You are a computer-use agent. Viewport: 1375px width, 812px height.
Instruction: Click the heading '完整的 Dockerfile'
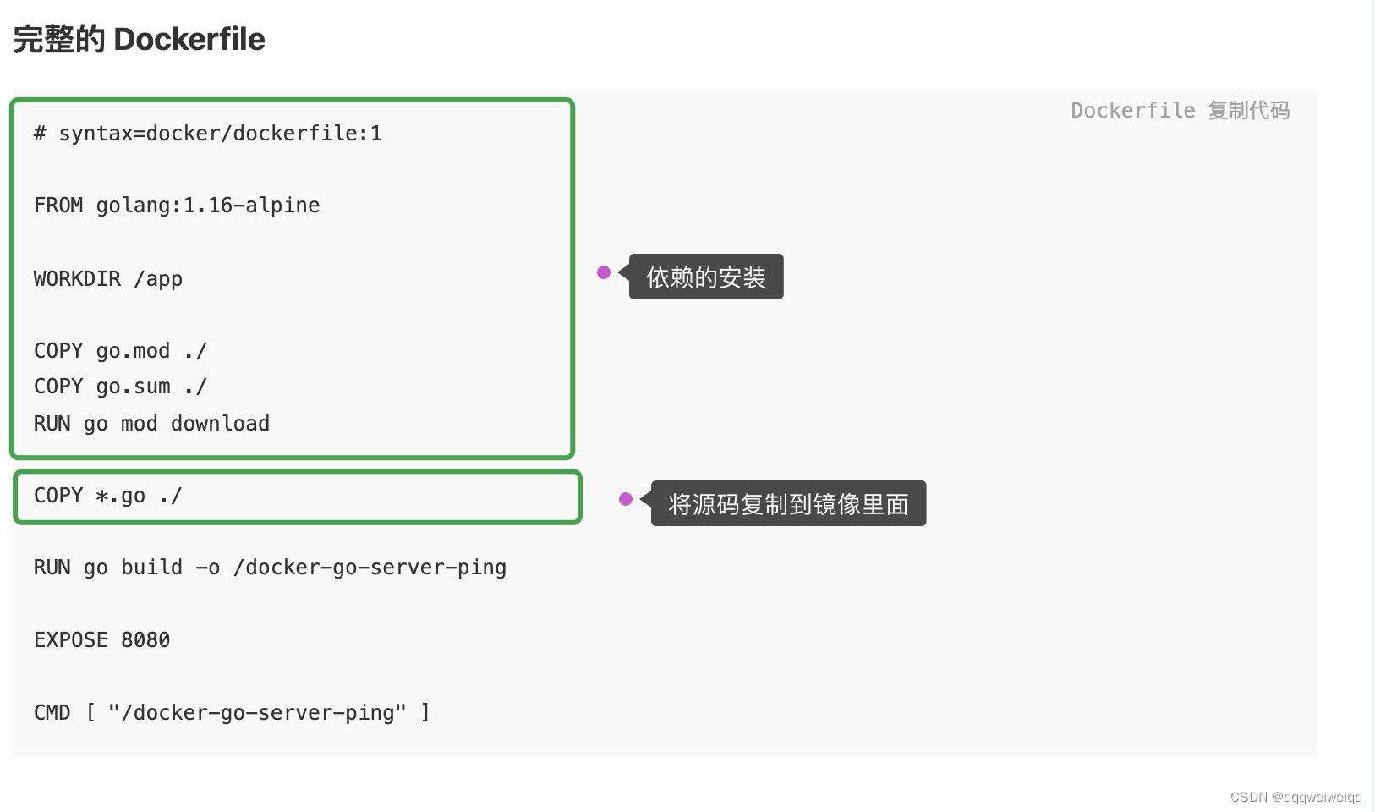click(x=139, y=40)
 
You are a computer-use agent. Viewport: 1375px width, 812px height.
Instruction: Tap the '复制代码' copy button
click(x=1248, y=111)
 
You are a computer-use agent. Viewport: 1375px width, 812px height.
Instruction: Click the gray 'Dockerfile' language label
click(x=1132, y=111)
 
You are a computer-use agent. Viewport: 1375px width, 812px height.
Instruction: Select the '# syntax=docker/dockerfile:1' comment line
click(x=207, y=134)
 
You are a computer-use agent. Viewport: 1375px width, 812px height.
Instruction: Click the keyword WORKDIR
click(x=77, y=278)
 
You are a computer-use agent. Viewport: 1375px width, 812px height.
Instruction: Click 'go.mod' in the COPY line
click(x=133, y=351)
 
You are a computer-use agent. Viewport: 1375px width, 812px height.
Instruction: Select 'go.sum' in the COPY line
click(x=133, y=387)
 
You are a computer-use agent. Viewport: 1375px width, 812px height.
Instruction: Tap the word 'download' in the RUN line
click(x=220, y=423)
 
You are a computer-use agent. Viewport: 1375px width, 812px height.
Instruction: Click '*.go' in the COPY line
click(x=120, y=496)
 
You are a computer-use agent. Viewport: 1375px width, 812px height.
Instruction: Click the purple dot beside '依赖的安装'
click(x=604, y=272)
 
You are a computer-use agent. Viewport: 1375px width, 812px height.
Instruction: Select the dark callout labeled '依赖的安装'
click(x=706, y=277)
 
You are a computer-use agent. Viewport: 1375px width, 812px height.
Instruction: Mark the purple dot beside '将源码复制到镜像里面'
click(x=626, y=499)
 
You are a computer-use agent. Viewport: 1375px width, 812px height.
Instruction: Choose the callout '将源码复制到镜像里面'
click(x=788, y=504)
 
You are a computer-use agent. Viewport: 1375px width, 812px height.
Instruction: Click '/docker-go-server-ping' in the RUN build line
click(x=370, y=568)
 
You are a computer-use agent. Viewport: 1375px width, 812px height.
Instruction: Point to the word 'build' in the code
click(x=151, y=568)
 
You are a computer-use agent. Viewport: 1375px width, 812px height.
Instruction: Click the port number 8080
click(x=145, y=640)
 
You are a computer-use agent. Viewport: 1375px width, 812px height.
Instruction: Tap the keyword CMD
click(x=52, y=713)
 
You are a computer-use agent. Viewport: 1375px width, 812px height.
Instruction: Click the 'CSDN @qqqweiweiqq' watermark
click(x=1296, y=797)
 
